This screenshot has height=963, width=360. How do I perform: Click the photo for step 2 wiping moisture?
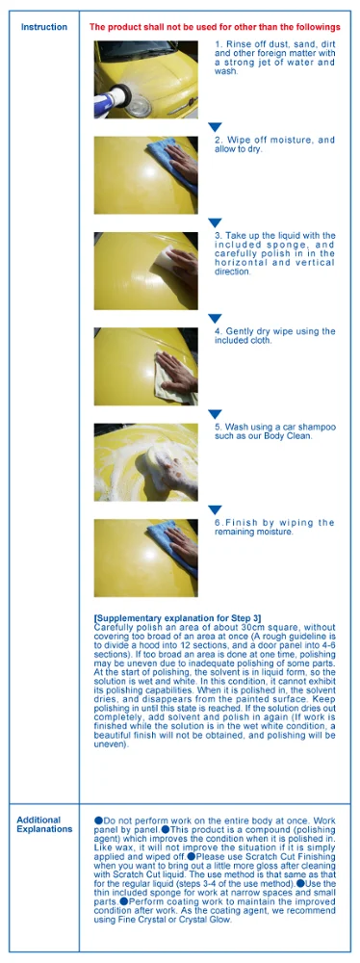[145, 174]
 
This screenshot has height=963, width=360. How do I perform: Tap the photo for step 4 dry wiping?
[145, 366]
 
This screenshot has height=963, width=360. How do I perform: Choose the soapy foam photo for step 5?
[145, 461]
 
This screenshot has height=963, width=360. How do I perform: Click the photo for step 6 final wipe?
[145, 558]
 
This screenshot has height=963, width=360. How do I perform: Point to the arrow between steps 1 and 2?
[216, 127]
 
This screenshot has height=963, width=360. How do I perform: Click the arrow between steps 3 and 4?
[216, 318]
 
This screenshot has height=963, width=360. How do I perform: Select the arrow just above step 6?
[216, 509]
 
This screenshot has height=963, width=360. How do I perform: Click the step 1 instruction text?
[274, 58]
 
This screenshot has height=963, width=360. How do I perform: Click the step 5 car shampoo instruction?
[274, 430]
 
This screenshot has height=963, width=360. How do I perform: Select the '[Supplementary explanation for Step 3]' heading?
[177, 616]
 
